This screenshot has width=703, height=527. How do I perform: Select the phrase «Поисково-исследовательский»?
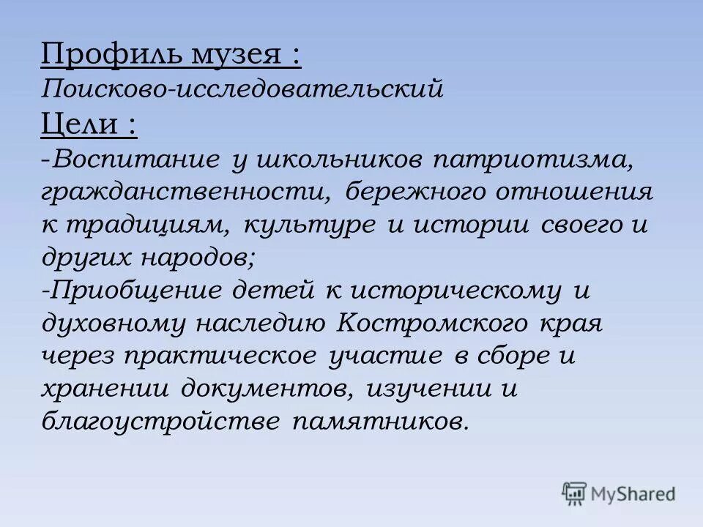click(x=242, y=90)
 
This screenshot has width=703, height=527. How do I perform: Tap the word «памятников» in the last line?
click(x=381, y=424)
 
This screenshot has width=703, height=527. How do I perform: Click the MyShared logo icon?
click(x=575, y=493)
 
